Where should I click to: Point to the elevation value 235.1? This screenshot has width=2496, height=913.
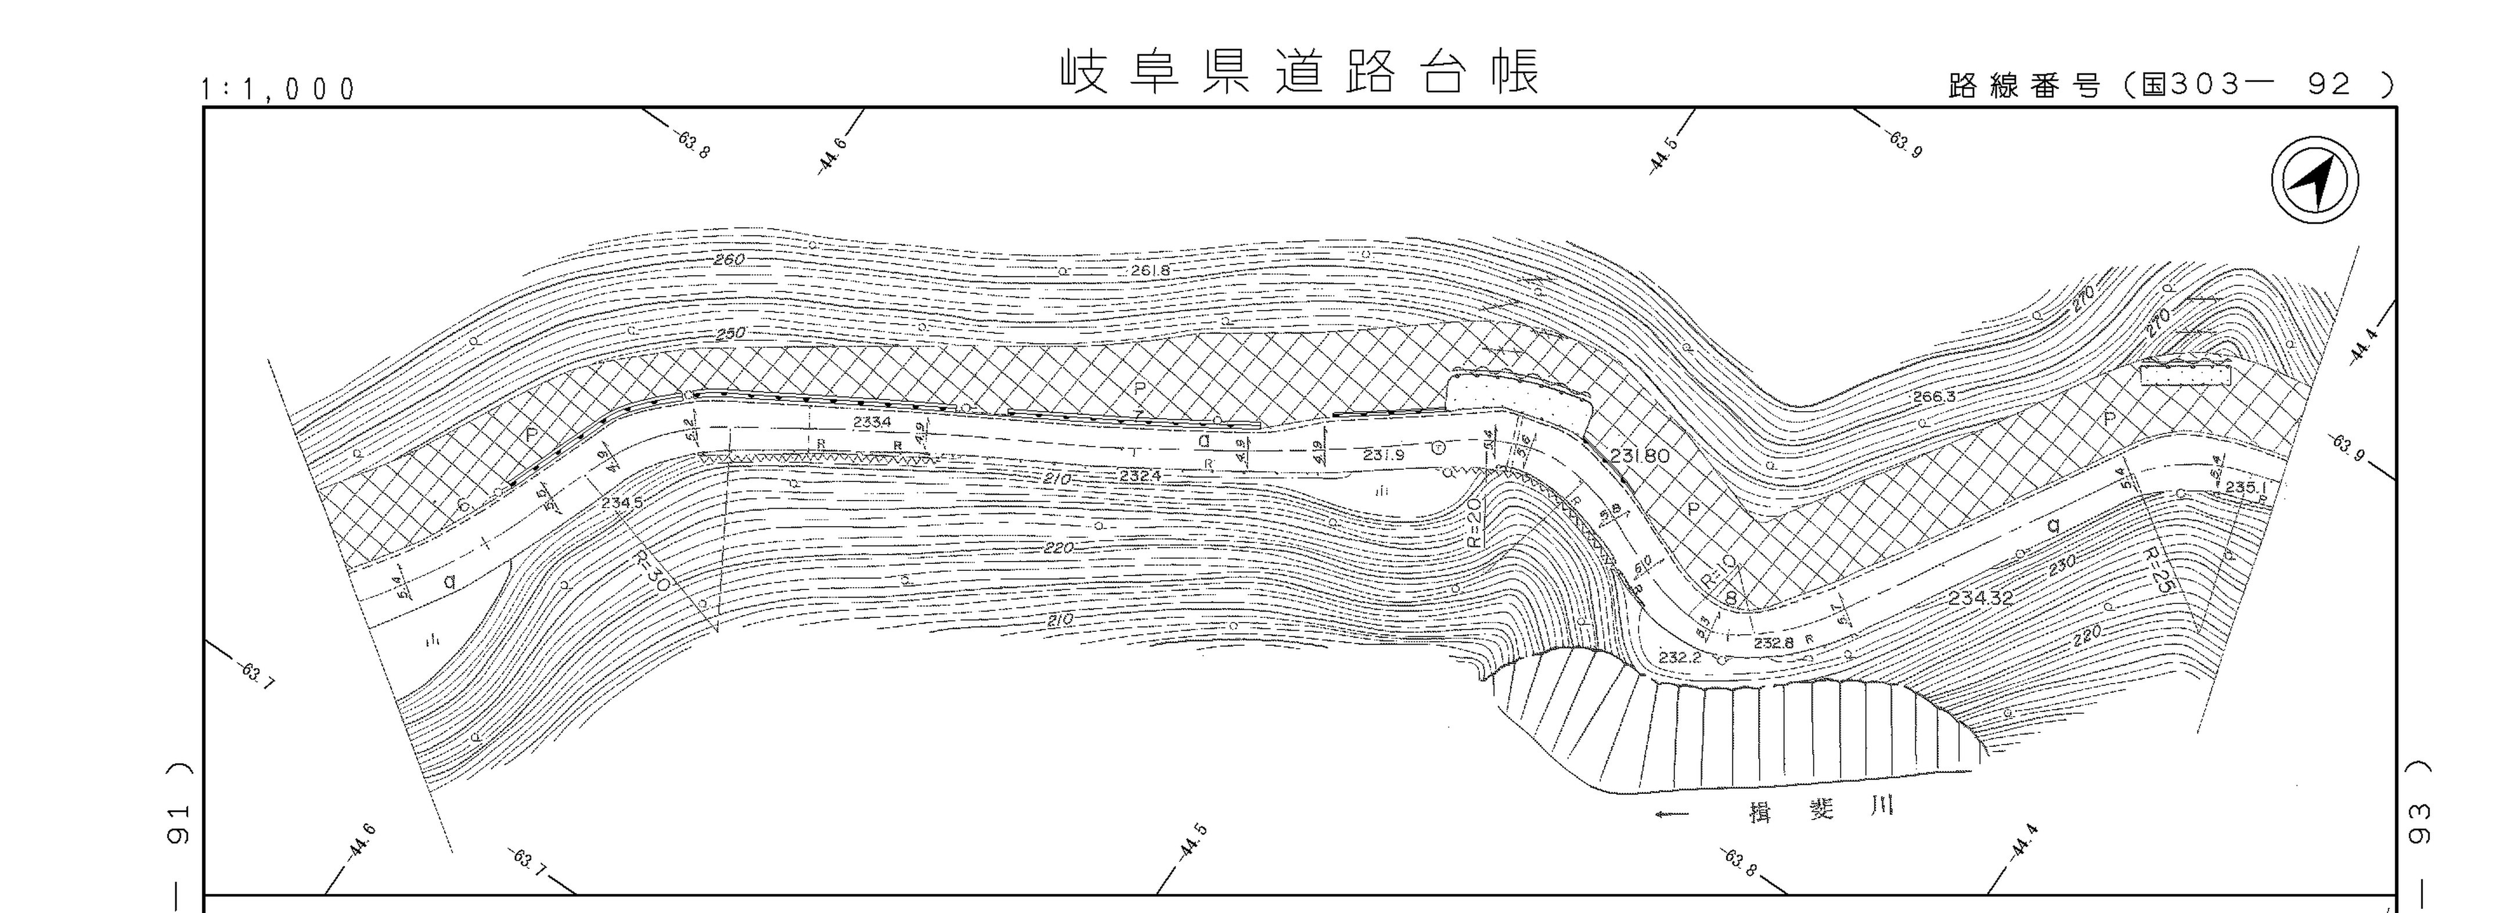[x=2245, y=487]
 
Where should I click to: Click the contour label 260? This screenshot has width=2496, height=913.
[x=729, y=260]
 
